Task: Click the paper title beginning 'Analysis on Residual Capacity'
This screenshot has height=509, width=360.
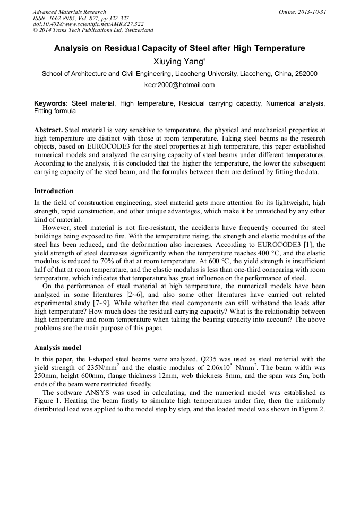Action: click(179, 48)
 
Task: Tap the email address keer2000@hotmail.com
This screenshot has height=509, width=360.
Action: click(179, 85)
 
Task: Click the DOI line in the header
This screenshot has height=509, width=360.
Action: click(88, 24)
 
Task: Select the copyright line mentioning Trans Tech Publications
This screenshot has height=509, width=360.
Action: click(93, 30)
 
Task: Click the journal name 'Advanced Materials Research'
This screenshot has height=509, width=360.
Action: click(69, 12)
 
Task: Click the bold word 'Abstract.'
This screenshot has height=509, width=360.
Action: click(48, 130)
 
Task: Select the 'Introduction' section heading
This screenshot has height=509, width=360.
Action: click(54, 191)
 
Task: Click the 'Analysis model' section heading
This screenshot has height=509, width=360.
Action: click(57, 348)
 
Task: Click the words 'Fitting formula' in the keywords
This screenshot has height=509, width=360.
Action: click(55, 111)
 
